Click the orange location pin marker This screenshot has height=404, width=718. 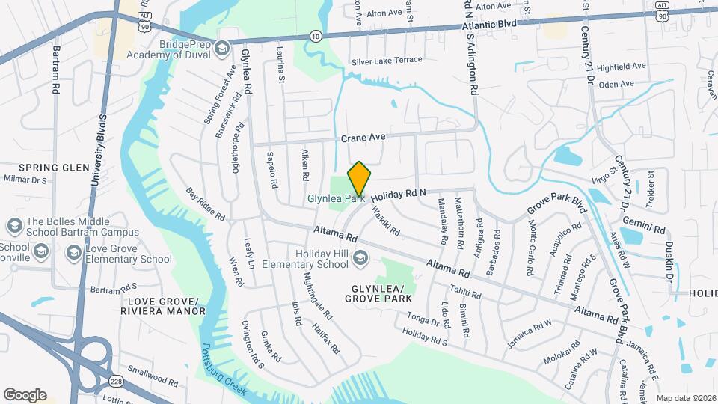pos(359,178)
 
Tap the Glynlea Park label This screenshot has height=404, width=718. pos(335,199)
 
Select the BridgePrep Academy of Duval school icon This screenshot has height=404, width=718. pos(221,49)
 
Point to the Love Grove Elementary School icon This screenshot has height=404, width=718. pos(73,253)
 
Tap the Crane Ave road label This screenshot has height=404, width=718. pos(363,138)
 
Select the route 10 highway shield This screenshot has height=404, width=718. pos(316,35)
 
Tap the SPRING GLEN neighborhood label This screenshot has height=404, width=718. pos(43,167)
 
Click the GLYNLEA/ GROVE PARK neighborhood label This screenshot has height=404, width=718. pos(378,293)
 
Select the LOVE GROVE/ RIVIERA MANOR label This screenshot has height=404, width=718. pos(162,305)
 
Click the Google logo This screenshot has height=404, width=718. pos(25,395)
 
